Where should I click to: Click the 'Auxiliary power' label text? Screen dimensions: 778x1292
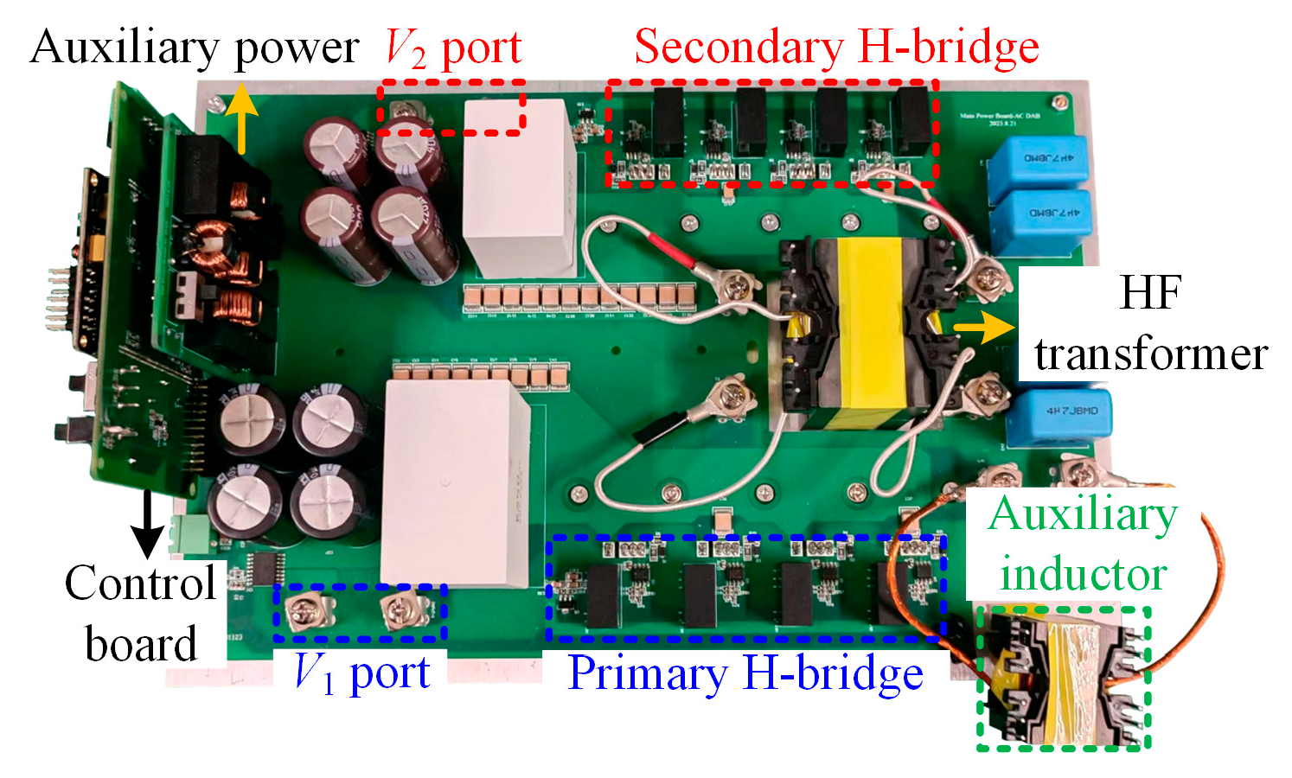coord(194,47)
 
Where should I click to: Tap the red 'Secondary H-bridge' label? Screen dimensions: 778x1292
coord(836,47)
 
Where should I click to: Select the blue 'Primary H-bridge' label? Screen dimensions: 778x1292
coord(745,673)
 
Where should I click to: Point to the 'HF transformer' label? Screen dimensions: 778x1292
coord(1150,324)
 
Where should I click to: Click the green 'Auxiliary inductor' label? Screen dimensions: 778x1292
coord(1083,544)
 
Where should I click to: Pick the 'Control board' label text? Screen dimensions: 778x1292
coord(141,614)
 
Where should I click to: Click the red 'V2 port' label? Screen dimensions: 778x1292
coord(453,47)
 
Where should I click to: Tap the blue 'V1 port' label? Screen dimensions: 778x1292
coord(361,673)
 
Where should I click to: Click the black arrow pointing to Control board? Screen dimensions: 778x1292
coord(148,523)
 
